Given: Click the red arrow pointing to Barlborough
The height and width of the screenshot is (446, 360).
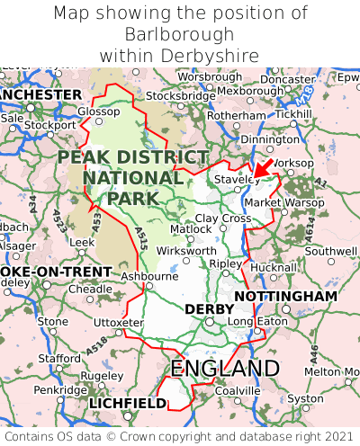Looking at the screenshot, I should coord(262,168).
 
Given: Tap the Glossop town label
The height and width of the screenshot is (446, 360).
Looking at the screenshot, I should coord(98,111).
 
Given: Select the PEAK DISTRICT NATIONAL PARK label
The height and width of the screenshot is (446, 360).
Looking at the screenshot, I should coord(133,177).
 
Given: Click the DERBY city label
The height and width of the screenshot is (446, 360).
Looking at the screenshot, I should coord(209,309).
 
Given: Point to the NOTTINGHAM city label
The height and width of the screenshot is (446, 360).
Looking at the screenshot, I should coord(285,297).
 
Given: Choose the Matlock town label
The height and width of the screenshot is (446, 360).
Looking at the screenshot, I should coord(191,229).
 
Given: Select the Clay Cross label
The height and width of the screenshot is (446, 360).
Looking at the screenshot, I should coord(223,219).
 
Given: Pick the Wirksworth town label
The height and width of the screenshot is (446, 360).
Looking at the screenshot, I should coord(185,251).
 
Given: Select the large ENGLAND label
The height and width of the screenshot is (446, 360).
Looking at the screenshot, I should coord(225,369).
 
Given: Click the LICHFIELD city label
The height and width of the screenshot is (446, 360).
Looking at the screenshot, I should coord(127,404).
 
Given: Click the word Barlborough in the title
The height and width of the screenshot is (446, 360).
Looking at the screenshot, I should coord(180,34).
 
